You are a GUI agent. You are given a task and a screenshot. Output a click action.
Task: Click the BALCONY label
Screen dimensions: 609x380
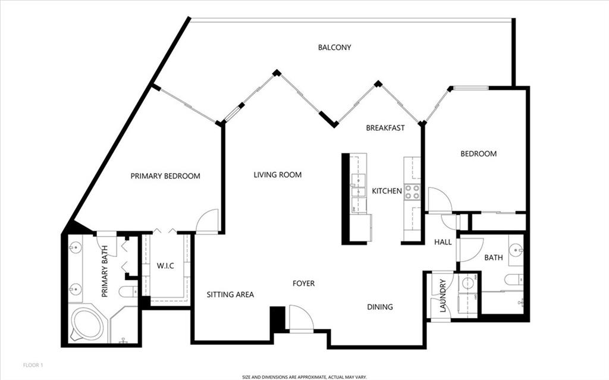334,48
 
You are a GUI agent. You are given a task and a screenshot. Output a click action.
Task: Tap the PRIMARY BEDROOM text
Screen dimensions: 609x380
165,176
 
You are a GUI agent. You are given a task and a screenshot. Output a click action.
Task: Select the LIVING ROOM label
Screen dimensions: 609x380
277,175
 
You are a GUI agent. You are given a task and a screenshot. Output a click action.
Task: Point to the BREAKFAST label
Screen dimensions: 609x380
385,128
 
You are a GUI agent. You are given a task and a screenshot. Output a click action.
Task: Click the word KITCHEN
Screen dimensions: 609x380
387,191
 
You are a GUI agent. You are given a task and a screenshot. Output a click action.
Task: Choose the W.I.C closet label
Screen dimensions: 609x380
165,266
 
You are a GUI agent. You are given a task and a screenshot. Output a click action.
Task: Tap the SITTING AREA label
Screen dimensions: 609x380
230,294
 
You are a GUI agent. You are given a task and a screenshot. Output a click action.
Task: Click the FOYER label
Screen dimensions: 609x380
304,284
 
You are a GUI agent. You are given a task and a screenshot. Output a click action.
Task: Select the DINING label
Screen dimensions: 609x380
380,307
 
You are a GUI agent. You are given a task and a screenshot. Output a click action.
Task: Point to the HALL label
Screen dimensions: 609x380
442,243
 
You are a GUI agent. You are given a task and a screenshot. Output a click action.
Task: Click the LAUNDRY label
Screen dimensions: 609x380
442,296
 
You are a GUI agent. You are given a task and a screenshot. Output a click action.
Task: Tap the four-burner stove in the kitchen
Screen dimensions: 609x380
413,192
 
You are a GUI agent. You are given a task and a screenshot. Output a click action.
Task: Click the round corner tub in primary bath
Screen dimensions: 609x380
88,325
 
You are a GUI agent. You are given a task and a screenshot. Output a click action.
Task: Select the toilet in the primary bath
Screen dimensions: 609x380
128,291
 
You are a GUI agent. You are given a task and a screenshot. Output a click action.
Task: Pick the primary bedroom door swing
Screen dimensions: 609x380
207,221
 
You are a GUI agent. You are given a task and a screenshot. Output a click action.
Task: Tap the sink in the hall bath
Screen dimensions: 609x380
516,250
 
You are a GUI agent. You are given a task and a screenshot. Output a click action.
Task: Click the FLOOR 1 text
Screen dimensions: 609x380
33,365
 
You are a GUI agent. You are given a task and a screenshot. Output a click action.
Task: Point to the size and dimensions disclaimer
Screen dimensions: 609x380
304,377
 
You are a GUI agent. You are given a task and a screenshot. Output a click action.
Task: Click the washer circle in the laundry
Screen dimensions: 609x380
467,282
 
